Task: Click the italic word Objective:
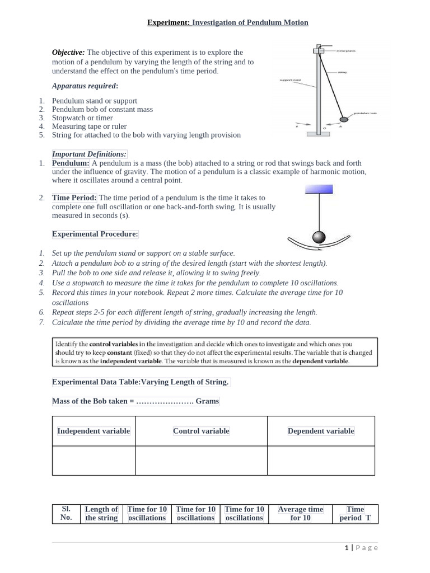68,53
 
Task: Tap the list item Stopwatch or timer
82,118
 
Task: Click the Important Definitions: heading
90,154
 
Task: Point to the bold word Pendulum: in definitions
71,163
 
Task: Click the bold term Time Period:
74,198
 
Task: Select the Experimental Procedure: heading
95,234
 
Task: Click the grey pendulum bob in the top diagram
344,119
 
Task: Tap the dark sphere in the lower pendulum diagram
319,238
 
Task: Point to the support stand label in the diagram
290,80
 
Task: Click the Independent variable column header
94,431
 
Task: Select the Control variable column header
201,431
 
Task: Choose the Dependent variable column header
321,431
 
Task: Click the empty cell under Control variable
201,461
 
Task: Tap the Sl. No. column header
66,513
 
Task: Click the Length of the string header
101,513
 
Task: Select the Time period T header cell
355,513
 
